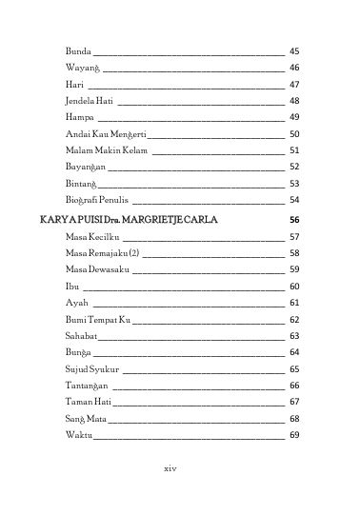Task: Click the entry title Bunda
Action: coord(78,50)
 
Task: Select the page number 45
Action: coord(294,50)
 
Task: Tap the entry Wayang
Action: coord(83,68)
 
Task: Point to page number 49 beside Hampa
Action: coord(294,116)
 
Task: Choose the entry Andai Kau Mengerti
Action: coord(106,133)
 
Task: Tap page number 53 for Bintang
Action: coord(294,183)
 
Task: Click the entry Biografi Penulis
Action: coord(98,200)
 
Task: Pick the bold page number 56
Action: coord(294,219)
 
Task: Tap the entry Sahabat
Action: coord(82,336)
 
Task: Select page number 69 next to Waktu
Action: coord(294,435)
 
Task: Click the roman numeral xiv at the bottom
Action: coord(171,468)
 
